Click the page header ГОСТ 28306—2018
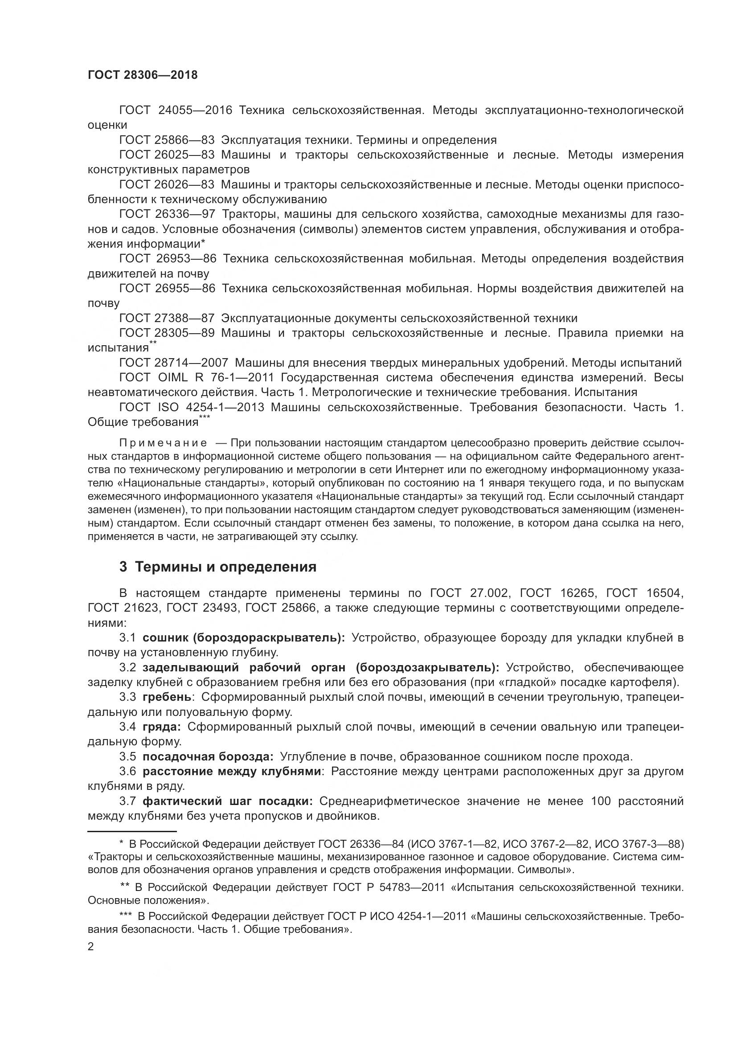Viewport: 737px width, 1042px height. point(143,75)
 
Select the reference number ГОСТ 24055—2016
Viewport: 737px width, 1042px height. point(176,110)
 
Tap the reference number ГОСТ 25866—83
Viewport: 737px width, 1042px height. point(167,140)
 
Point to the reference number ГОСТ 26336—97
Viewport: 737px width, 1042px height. point(167,214)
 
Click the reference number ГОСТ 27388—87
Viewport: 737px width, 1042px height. point(167,318)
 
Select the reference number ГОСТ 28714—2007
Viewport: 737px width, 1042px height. point(176,363)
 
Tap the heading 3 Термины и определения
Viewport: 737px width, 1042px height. point(218,567)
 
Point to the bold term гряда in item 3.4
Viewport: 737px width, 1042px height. point(162,727)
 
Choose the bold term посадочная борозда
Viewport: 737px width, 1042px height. point(208,756)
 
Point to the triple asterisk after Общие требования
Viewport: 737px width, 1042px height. point(205,418)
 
